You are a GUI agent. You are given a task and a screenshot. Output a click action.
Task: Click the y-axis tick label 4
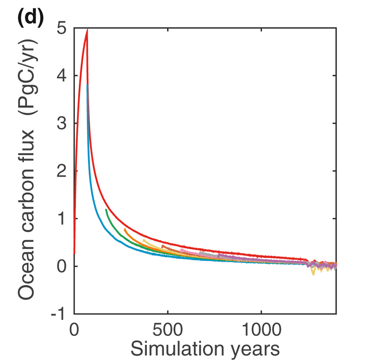click(x=63, y=76)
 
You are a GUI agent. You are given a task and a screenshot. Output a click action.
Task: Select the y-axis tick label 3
click(x=63, y=124)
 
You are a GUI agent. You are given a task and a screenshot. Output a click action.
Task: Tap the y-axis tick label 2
click(x=63, y=171)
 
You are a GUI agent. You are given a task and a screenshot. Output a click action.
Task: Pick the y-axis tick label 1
click(x=63, y=219)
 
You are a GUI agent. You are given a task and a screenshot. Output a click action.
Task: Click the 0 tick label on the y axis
click(x=63, y=267)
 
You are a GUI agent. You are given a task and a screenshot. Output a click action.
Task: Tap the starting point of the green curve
click(x=106, y=210)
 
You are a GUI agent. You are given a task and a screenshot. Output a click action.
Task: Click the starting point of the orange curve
click(x=125, y=229)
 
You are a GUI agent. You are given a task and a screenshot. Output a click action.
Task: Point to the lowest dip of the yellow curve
click(x=313, y=275)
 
